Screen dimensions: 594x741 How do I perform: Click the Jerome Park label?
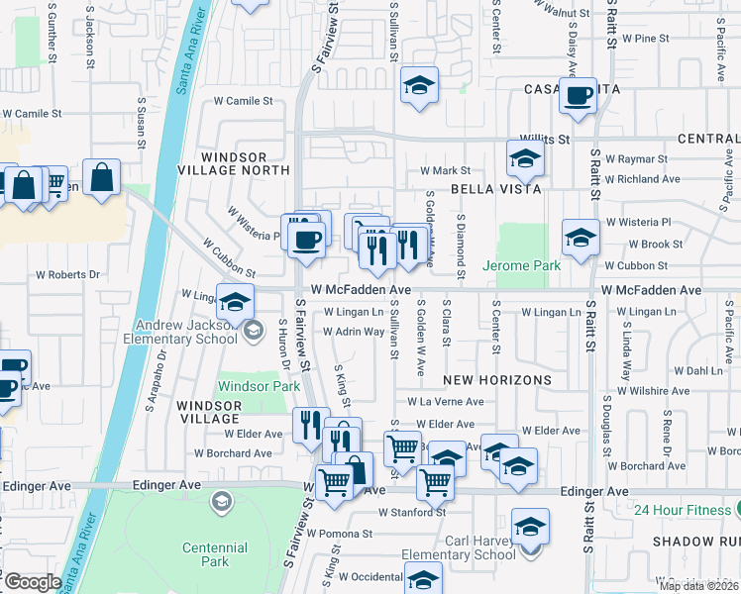tap(521, 265)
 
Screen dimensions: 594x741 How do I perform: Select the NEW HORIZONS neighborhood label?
tap(496, 380)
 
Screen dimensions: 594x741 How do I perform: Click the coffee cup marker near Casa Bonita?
tap(578, 97)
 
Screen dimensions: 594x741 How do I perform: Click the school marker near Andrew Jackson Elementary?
tap(235, 302)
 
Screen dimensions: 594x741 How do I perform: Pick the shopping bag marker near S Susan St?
tap(101, 178)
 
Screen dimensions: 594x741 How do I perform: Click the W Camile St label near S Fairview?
tap(244, 101)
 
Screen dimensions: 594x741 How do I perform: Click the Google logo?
tap(33, 582)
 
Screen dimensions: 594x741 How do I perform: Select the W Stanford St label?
tap(412, 512)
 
